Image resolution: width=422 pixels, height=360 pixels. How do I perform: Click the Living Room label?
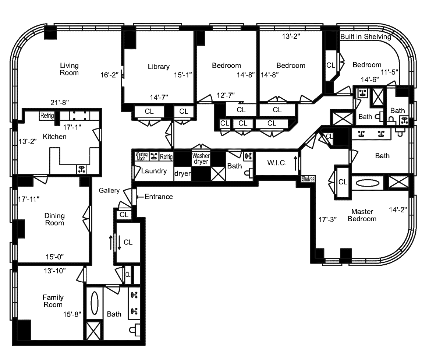(x=69, y=69)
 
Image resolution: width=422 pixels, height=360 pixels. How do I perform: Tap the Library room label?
(x=159, y=67)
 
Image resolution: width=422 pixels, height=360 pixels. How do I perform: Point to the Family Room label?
(x=53, y=301)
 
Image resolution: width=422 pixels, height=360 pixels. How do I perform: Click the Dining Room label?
(x=54, y=219)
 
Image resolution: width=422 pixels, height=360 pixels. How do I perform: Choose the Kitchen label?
(x=55, y=137)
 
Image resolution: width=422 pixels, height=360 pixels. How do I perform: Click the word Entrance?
(x=158, y=197)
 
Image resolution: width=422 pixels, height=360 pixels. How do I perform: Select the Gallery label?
(x=109, y=190)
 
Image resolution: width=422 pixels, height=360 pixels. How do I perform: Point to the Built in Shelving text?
(x=365, y=37)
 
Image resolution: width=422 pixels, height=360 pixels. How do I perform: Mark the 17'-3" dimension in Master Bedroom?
(x=328, y=220)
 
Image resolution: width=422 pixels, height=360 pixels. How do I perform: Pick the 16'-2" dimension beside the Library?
(x=109, y=75)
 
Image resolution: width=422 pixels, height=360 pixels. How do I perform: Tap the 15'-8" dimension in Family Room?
(x=72, y=314)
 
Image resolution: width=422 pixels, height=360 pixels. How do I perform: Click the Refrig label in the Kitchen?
(x=47, y=116)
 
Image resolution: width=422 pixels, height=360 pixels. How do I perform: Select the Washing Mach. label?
(x=141, y=156)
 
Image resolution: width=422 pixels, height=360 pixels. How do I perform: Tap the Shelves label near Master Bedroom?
(x=308, y=179)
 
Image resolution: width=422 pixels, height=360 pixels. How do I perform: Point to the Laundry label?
(x=154, y=171)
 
